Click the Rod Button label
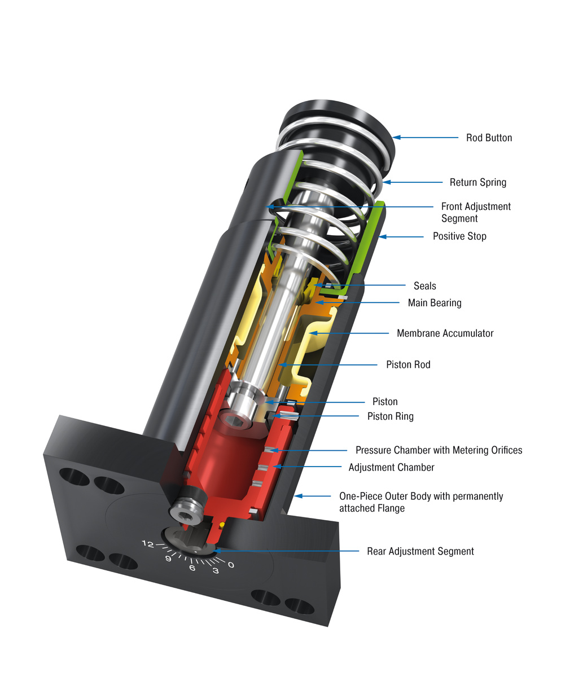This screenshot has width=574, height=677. point(489,138)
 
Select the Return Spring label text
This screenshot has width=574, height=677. point(477,182)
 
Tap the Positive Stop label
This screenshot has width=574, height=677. point(459,236)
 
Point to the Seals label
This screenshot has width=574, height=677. point(424,286)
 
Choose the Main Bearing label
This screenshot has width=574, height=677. point(435,303)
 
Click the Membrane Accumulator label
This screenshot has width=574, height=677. point(445,333)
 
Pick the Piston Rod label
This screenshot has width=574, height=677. point(408,365)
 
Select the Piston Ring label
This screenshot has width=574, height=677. point(390,416)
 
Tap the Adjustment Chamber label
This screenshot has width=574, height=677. point(391,467)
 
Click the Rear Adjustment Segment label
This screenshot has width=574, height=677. point(420,551)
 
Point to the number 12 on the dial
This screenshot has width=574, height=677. point(148,544)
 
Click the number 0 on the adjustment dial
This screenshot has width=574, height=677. point(231,565)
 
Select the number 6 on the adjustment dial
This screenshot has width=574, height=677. point(192,568)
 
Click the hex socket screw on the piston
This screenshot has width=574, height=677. point(233,419)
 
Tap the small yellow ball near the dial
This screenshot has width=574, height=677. point(222,525)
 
